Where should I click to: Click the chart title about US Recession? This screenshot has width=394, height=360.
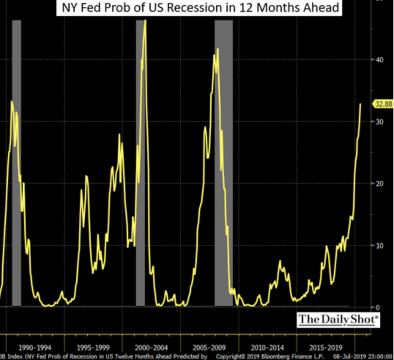[199, 8]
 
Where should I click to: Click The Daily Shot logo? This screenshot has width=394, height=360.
[338, 319]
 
